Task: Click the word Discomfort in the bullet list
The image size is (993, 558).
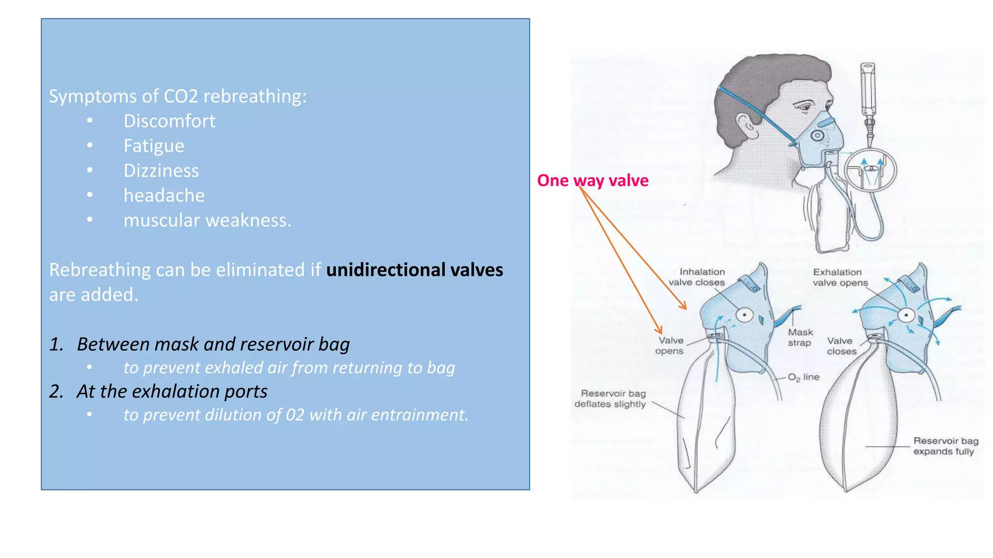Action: [169, 121]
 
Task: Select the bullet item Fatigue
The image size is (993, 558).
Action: [154, 146]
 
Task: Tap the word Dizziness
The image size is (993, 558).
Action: [161, 170]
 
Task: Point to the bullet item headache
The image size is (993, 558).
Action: [164, 196]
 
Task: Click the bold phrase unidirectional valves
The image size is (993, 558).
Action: [415, 270]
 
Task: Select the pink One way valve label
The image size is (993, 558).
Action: [593, 180]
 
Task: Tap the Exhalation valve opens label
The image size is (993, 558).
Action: [840, 277]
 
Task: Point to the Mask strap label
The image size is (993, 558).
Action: [800, 338]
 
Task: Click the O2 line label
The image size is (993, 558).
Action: [803, 377]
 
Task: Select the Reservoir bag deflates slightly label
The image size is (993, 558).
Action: [610, 399]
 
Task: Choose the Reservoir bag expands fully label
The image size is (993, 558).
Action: [945, 446]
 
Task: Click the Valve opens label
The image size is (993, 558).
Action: [670, 346]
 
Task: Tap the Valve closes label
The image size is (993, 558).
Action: [841, 346]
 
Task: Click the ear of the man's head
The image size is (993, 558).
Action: [747, 126]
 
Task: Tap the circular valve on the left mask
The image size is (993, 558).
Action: [744, 315]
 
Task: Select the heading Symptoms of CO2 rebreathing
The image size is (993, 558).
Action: [177, 96]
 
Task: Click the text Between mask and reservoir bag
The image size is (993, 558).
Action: [213, 344]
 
